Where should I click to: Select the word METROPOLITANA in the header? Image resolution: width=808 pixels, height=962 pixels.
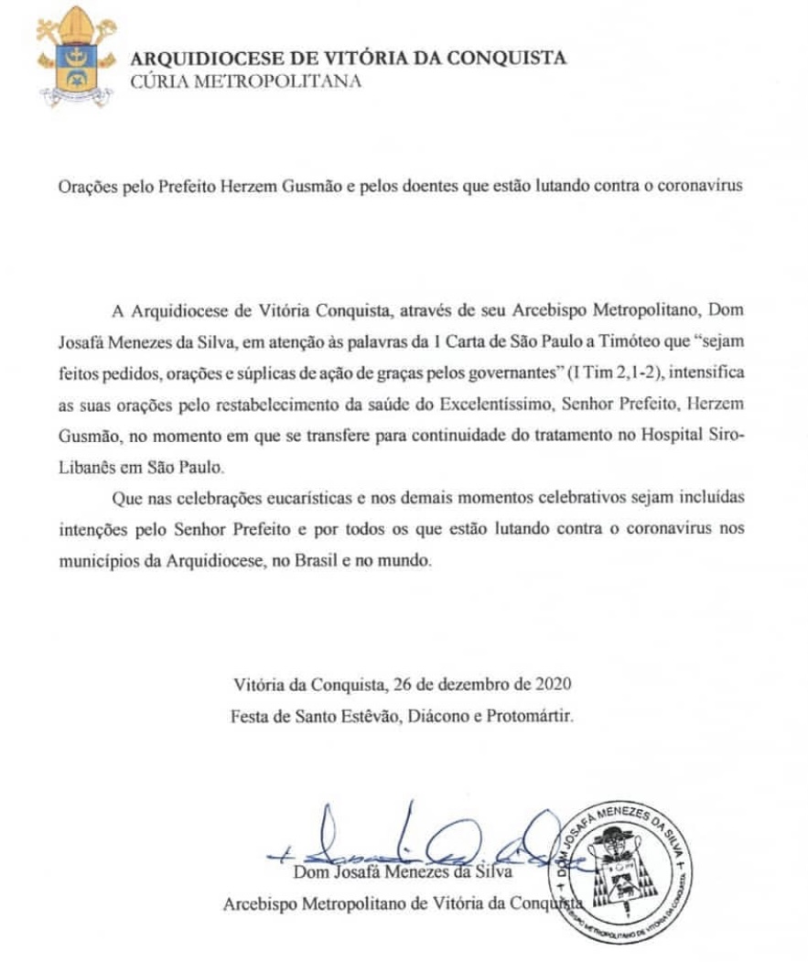click(280, 81)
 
